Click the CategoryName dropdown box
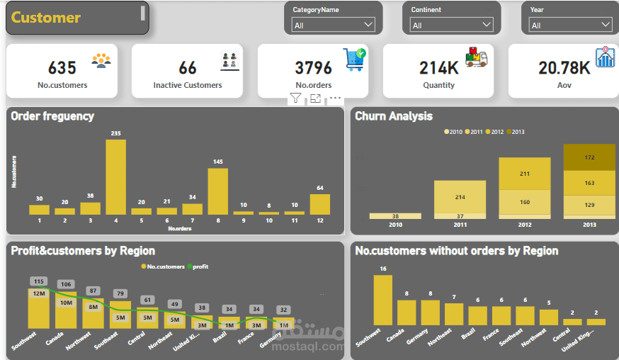333,25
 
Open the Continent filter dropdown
452,25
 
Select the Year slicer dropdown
570,25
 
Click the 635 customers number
62,68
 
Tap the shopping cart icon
355,59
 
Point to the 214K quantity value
438,68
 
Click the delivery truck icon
477,57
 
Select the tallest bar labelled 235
116,176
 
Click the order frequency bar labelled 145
217,191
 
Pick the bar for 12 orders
319,204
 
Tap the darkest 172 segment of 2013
590,157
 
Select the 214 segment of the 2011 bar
460,196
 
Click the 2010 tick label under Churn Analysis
394,225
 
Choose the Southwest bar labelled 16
382,300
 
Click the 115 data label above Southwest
39,281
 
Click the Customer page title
46,18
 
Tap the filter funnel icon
295,99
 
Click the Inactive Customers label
188,85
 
